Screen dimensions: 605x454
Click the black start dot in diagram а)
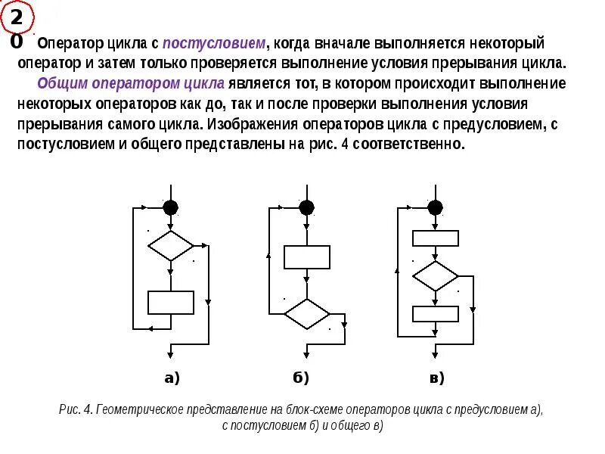click(x=171, y=207)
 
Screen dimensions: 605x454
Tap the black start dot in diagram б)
click(x=306, y=207)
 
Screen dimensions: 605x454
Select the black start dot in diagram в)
click(x=435, y=207)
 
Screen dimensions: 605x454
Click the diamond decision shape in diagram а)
click(x=171, y=246)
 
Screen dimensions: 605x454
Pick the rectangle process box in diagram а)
click(x=171, y=302)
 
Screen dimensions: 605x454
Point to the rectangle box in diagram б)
click(x=306, y=257)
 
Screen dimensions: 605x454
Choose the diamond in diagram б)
click(x=306, y=313)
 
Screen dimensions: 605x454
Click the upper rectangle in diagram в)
click(x=435, y=238)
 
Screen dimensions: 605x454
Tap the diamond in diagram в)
click(x=435, y=275)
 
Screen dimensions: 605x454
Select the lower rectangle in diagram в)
click(x=435, y=313)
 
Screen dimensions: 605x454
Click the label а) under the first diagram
click(x=172, y=378)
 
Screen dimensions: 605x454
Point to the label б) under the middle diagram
click(x=301, y=378)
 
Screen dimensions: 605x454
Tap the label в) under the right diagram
click(x=436, y=378)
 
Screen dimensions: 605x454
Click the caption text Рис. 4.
click(x=75, y=410)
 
